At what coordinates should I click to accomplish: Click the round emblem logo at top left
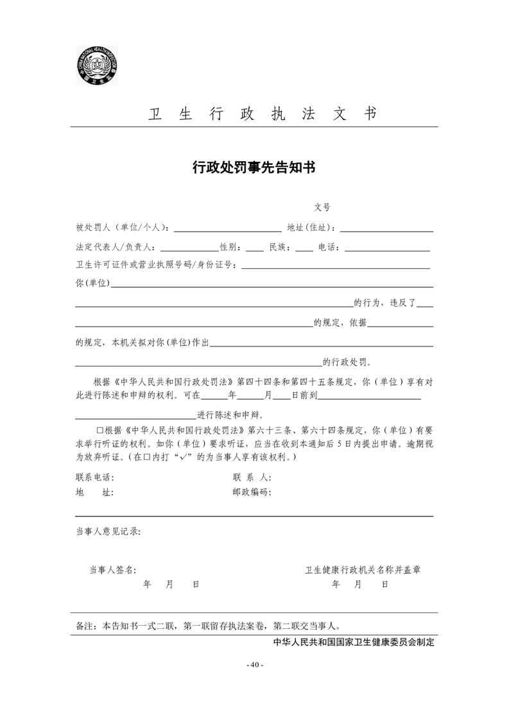coord(98,66)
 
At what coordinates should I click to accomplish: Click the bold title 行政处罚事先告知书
coord(254,167)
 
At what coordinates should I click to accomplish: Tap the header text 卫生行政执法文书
coord(263,114)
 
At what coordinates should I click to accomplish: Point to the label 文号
coord(322,207)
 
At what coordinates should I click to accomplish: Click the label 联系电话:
coord(95,477)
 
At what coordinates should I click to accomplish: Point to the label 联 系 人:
coord(252,477)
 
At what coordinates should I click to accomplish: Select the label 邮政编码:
coord(252,493)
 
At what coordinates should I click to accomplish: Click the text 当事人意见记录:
coord(108,531)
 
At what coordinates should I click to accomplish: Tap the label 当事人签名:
coord(112,569)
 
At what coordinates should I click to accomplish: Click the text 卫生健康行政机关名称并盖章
coord(363,569)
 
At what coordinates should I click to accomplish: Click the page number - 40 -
coord(255,664)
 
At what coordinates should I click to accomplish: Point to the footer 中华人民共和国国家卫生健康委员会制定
coord(354,642)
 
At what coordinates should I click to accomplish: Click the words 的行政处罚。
coord(347,362)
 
